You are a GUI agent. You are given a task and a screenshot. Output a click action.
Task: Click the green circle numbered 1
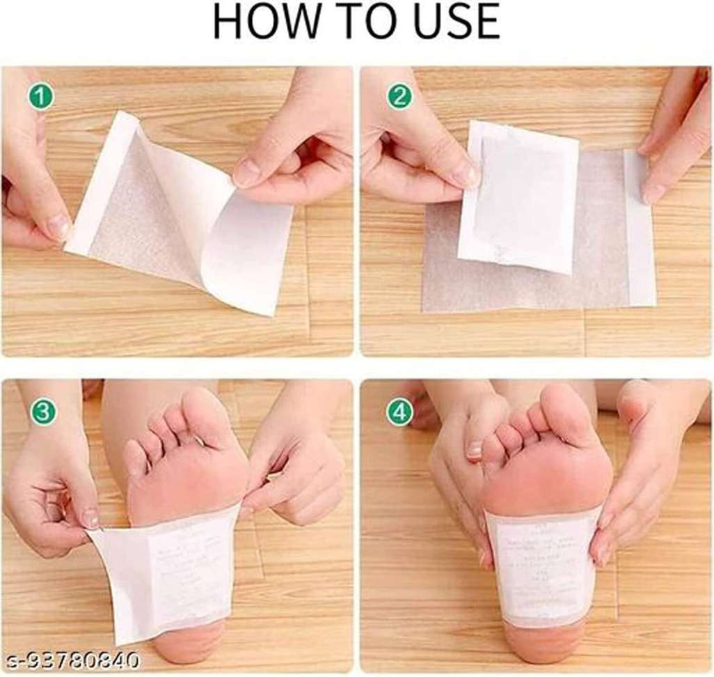pyautogui.click(x=41, y=97)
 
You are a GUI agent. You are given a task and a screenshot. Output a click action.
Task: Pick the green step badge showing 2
pyautogui.click(x=399, y=97)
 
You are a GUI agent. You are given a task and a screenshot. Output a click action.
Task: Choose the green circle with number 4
pyautogui.click(x=399, y=412)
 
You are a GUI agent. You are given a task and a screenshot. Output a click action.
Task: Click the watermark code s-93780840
pyautogui.click(x=70, y=659)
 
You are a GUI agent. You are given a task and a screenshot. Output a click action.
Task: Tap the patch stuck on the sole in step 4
pyautogui.click(x=543, y=564)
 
